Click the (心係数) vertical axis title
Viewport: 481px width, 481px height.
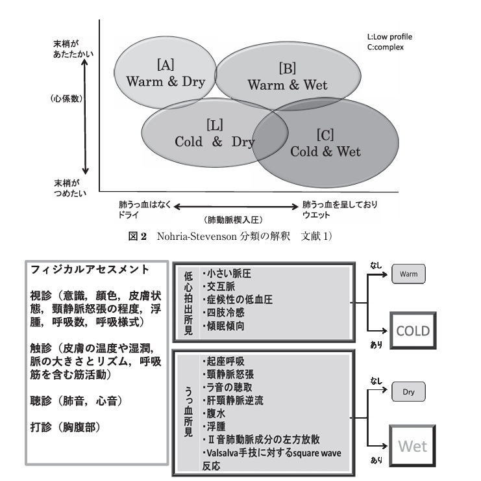[x=68, y=99]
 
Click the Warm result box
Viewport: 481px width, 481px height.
[x=410, y=276]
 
